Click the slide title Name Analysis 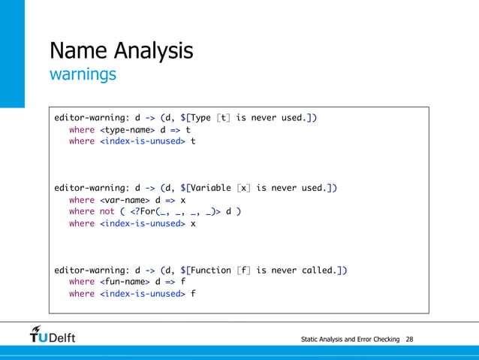[121, 51]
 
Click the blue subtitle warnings [83, 75]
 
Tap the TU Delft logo [53, 334]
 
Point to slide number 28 [409, 340]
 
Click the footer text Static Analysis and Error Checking [350, 340]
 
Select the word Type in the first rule [203, 118]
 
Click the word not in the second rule [107, 212]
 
